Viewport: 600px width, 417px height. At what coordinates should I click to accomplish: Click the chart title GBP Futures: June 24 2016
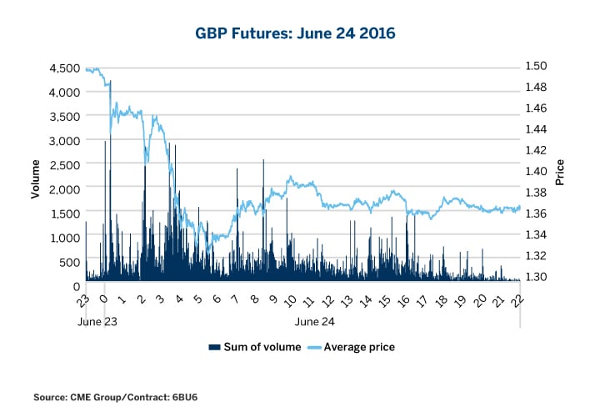pyautogui.click(x=300, y=34)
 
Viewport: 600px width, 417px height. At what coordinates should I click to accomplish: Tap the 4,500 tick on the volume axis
pyautogui.click(x=65, y=68)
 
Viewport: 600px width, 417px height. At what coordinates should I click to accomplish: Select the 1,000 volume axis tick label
pyautogui.click(x=65, y=238)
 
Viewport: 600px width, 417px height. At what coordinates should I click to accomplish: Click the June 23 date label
pyautogui.click(x=97, y=319)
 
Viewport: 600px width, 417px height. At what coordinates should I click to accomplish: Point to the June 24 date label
pyautogui.click(x=315, y=319)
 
